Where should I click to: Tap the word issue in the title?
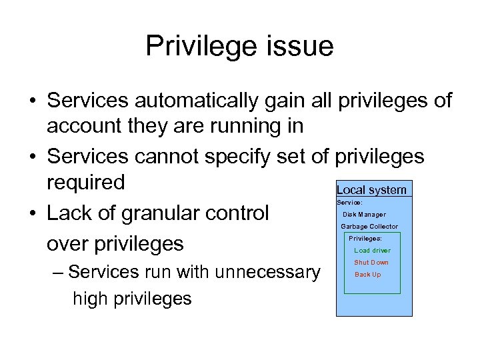click(x=298, y=47)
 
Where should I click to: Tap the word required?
click(x=85, y=182)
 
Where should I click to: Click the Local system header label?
click(x=371, y=190)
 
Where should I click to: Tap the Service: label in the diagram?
click(x=349, y=202)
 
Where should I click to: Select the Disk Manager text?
click(x=364, y=215)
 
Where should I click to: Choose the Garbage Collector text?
click(x=369, y=227)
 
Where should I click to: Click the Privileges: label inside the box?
click(x=365, y=238)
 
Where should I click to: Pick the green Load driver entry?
click(x=372, y=251)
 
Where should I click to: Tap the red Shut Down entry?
click(x=371, y=263)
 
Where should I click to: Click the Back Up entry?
click(x=367, y=275)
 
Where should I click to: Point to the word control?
click(x=238, y=213)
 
